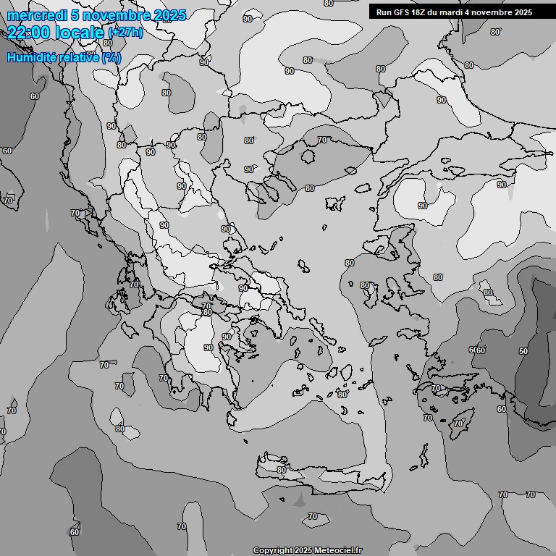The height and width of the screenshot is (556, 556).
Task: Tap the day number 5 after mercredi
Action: tap(75, 15)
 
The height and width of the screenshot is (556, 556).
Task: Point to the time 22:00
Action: tap(28, 33)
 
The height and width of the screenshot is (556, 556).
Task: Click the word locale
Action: tap(78, 33)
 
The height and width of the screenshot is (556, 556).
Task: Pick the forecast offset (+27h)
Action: tap(125, 33)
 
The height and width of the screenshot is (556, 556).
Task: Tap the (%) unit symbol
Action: tap(111, 56)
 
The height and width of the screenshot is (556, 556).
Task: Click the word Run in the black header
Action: tap(385, 12)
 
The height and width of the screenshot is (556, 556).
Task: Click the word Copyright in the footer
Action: tap(272, 551)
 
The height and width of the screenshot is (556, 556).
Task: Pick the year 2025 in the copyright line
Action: tap(305, 551)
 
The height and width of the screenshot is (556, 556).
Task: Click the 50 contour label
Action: tap(523, 351)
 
